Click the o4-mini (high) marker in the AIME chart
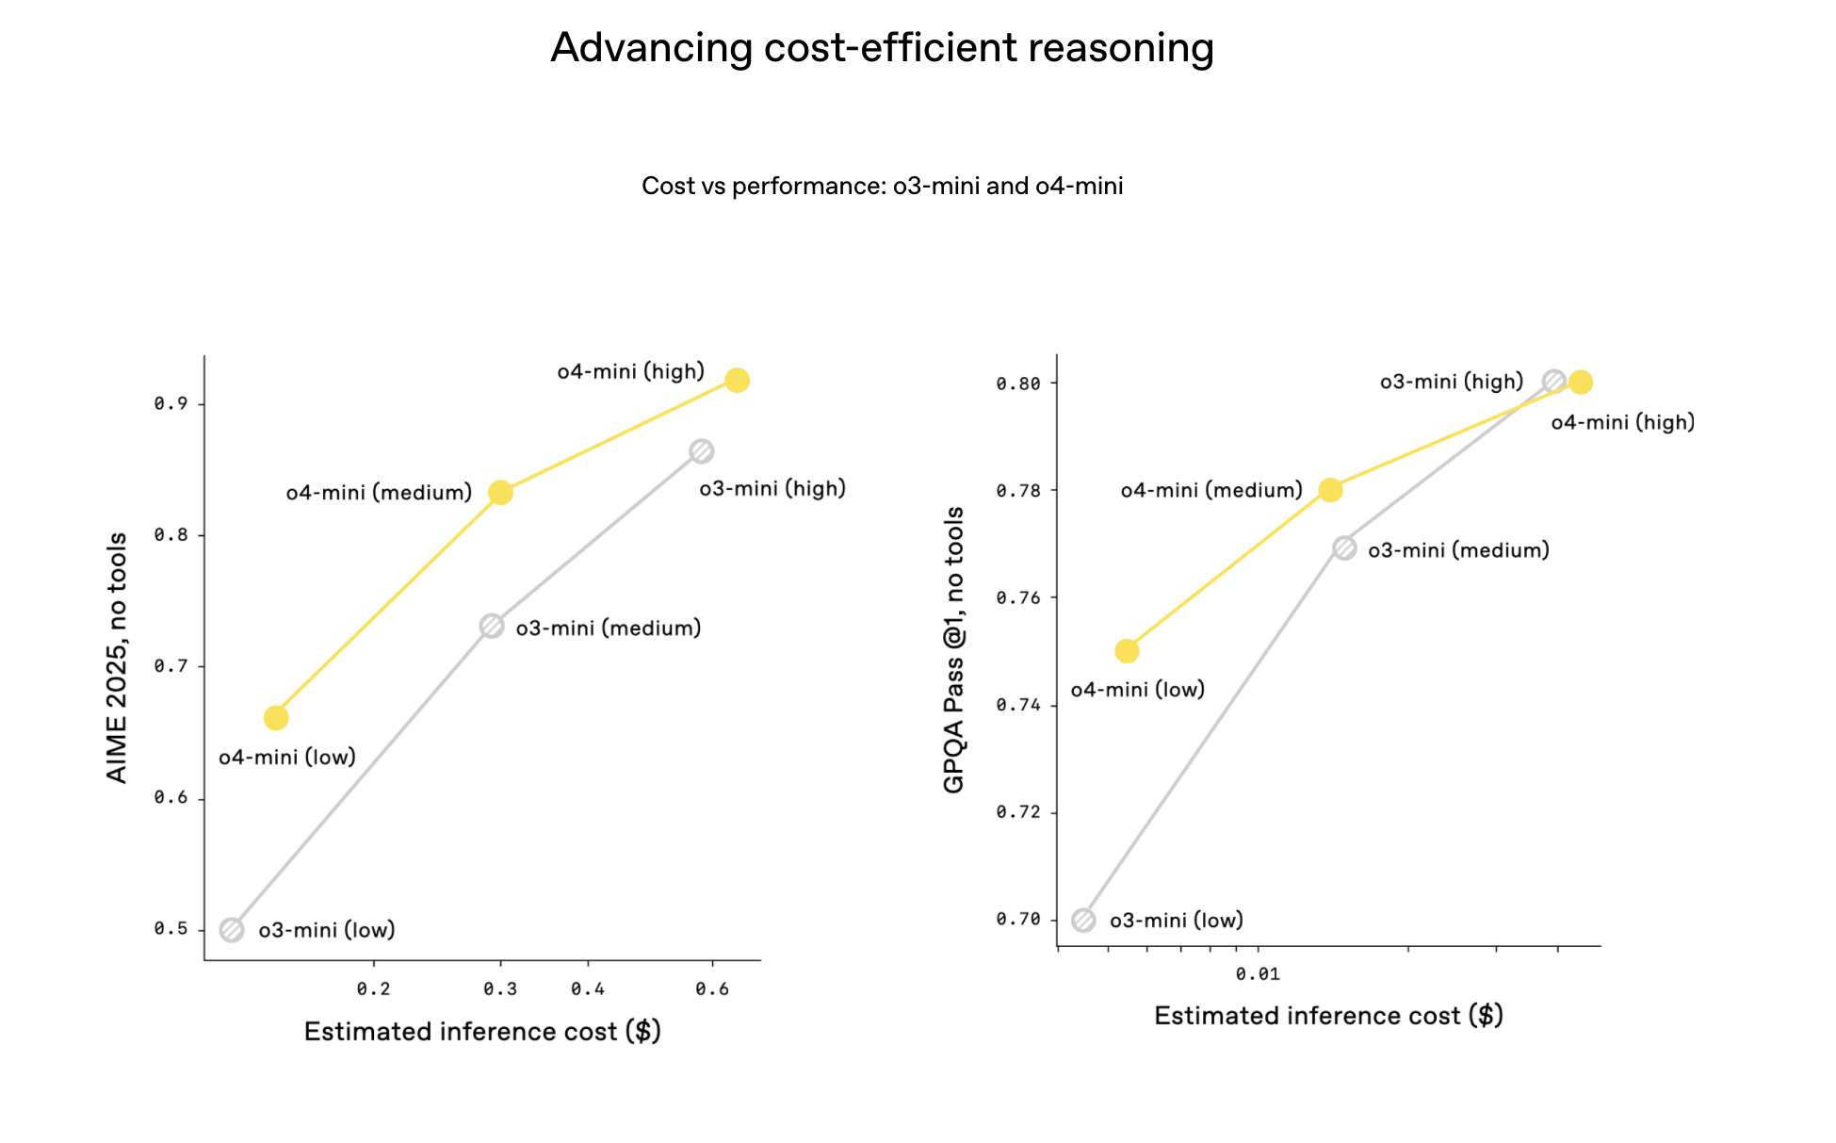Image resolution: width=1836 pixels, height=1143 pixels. point(737,381)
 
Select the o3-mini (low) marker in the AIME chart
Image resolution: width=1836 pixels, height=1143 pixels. point(232,930)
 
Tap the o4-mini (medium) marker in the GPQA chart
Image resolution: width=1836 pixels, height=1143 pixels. point(1330,490)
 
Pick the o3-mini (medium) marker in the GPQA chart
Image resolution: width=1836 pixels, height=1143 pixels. point(1344,548)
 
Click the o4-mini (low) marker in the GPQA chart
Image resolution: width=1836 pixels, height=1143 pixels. point(1127,651)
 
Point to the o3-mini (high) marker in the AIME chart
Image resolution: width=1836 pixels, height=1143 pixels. point(701,451)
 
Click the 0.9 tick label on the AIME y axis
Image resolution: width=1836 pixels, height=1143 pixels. point(171,403)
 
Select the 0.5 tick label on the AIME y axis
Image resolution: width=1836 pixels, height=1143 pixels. point(171,929)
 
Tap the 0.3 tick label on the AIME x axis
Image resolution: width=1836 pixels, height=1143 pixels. point(500,988)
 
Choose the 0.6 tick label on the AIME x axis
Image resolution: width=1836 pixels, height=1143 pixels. point(712,988)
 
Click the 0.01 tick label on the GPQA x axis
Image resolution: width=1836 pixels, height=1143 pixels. point(1258,973)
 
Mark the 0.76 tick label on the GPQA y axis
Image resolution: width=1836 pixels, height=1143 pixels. point(1018,597)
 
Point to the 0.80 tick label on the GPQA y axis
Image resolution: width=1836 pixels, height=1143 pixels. point(1018,384)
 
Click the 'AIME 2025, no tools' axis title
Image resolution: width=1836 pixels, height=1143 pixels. point(117,658)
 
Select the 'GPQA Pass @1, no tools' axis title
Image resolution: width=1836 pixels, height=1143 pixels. point(954,650)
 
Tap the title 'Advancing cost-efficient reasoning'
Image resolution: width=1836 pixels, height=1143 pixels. point(882,48)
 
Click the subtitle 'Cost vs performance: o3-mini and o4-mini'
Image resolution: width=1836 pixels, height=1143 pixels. point(882,186)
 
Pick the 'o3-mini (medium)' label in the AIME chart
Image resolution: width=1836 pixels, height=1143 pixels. point(609,629)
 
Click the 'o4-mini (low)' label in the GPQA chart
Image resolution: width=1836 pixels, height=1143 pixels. point(1138,690)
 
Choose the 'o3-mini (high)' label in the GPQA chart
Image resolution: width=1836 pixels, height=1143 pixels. point(1452,382)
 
